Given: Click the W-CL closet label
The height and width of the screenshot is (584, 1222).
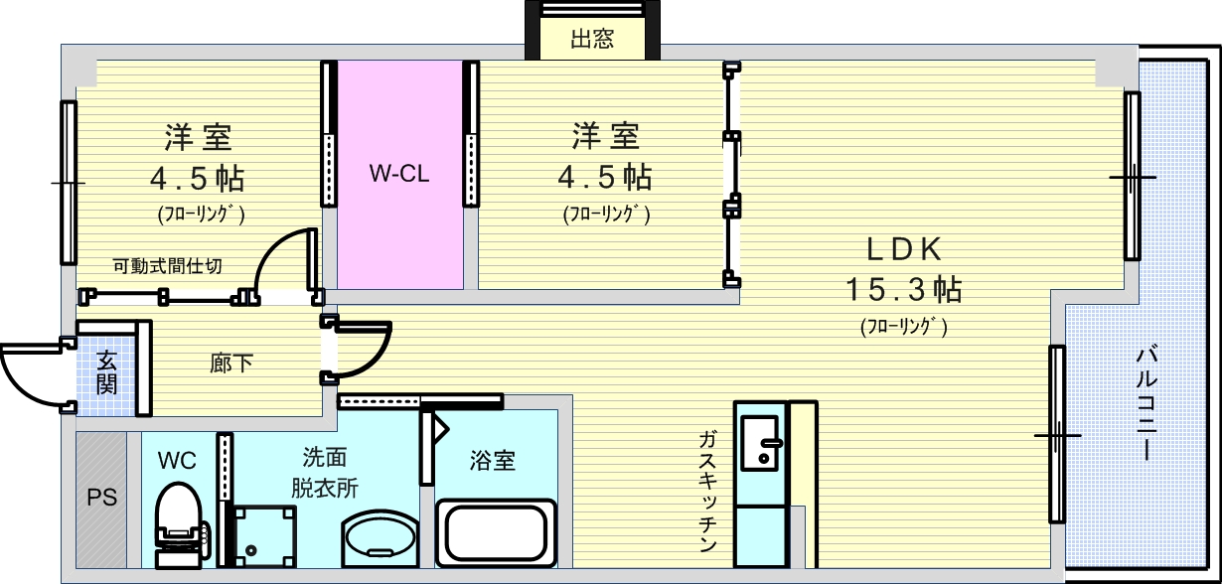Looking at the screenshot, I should pyautogui.click(x=398, y=175).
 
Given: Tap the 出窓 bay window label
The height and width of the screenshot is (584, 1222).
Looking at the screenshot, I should pyautogui.click(x=592, y=40).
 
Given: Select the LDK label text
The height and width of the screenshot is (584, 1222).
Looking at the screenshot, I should pyautogui.click(x=903, y=248).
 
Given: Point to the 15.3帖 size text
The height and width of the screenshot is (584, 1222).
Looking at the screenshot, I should pyautogui.click(x=903, y=289).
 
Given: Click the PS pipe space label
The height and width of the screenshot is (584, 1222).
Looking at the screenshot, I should pyautogui.click(x=101, y=498).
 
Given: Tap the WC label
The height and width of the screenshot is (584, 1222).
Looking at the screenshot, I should pyautogui.click(x=177, y=460).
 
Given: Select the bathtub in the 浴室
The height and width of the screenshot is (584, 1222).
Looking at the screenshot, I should pyautogui.click(x=496, y=532).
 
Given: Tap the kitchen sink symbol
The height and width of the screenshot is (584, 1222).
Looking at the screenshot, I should pyautogui.click(x=760, y=443).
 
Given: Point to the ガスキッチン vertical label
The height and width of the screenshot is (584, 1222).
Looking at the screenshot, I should pyautogui.click(x=707, y=492).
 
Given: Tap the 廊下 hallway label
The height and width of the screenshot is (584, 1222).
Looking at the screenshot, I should pyautogui.click(x=230, y=364).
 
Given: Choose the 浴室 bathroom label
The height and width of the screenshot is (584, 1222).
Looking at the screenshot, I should pyautogui.click(x=493, y=461).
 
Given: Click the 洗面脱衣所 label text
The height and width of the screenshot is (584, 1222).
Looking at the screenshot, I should pyautogui.click(x=325, y=473).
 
